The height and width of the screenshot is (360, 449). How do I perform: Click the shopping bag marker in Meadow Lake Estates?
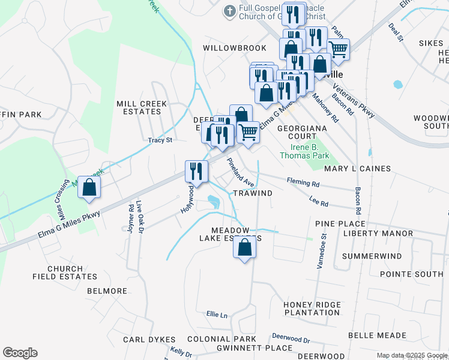coord(244,248)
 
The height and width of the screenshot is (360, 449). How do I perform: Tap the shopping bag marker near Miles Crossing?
coord(89,187)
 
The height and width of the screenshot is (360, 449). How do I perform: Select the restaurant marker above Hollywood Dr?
coord(196,171)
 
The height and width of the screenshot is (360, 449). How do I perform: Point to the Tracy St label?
coord(160,140)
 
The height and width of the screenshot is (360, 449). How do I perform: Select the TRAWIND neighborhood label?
coord(252,193)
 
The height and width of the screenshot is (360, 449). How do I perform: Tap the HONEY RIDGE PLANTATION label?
coord(312,308)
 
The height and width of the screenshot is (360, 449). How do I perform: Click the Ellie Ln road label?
coord(217,314)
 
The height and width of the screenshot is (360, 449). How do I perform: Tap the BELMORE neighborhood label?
coord(107,291)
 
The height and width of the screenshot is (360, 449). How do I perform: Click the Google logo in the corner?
coord(20,353)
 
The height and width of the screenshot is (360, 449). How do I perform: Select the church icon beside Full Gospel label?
coord(229,11)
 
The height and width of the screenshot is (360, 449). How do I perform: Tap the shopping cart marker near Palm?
coord(338,49)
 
